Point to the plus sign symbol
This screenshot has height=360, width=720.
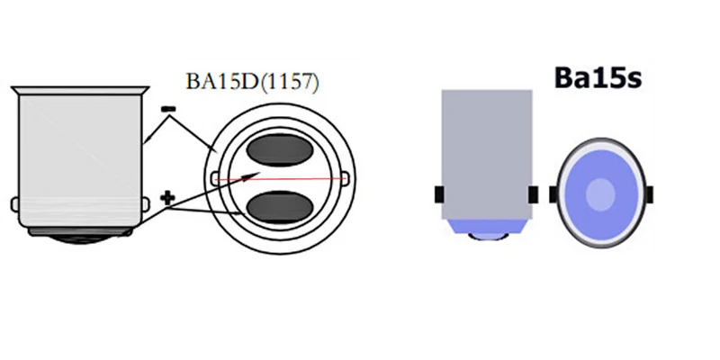tap(166, 197)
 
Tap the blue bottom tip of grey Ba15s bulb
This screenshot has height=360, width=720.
tap(486, 231)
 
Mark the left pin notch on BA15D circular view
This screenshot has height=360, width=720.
tap(214, 179)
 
